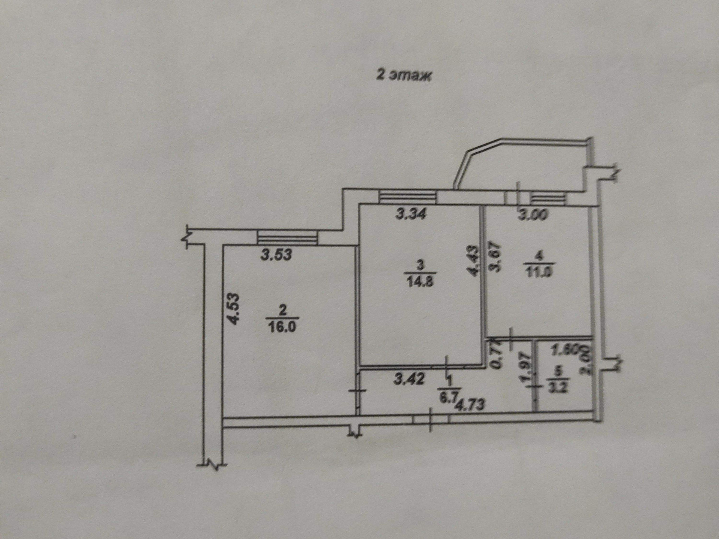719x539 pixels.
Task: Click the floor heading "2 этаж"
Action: tap(404, 76)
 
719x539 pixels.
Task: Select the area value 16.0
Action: tap(282, 327)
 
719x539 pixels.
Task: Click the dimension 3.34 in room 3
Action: tap(411, 215)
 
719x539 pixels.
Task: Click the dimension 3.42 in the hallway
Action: tap(409, 380)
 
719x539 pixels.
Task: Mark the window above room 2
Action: tap(287, 238)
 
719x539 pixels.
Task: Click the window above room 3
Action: tap(407, 197)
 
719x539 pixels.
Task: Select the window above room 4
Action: tap(547, 198)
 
